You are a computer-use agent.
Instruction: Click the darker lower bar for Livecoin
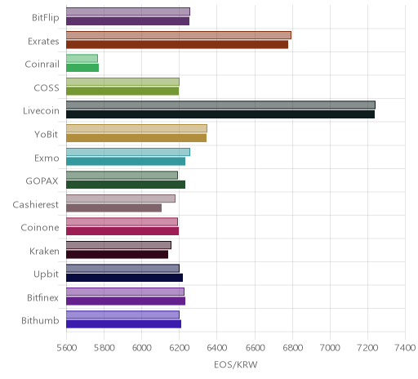[220, 114]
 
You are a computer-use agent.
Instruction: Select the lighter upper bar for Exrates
[179, 35]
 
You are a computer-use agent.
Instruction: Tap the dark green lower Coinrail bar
[82, 68]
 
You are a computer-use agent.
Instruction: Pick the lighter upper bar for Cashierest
[121, 198]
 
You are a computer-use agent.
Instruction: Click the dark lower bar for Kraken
[118, 255]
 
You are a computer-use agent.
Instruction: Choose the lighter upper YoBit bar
[136, 128]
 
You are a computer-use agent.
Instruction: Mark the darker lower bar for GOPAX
[126, 185]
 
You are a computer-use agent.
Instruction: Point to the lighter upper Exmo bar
[128, 152]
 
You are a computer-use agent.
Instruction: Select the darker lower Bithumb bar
[123, 324]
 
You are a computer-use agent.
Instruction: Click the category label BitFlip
[46, 18]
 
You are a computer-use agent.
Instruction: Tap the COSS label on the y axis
[47, 87]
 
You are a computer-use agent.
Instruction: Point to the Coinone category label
[40, 227]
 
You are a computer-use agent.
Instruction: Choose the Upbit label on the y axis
[46, 274]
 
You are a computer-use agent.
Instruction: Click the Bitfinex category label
[42, 297]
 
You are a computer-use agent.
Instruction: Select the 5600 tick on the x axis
[67, 348]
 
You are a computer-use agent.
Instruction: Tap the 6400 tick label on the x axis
[217, 348]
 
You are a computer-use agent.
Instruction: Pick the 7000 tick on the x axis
[330, 348]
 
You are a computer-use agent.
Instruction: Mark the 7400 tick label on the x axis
[405, 348]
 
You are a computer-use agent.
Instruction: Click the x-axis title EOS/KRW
[236, 365]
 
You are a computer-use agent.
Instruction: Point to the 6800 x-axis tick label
[292, 348]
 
